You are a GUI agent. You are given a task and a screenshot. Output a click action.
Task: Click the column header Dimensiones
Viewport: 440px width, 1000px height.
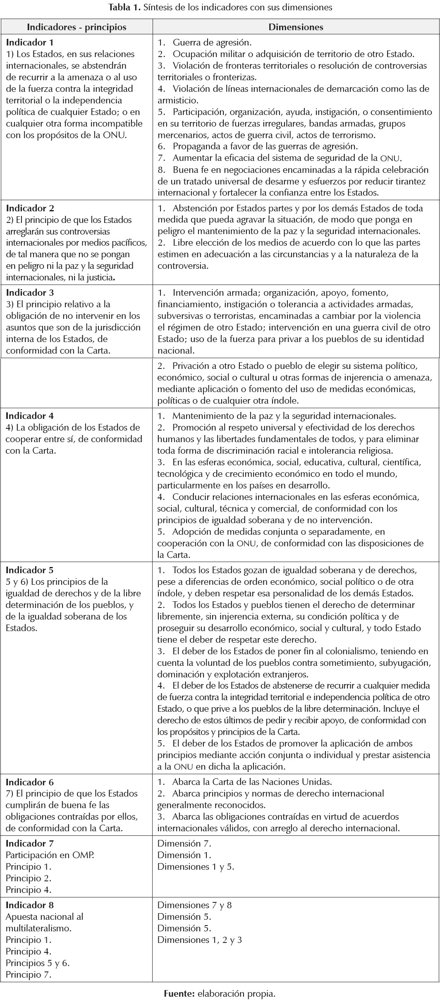[x=296, y=27]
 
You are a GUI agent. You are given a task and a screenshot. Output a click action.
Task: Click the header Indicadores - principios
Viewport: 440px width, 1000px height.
[x=77, y=27]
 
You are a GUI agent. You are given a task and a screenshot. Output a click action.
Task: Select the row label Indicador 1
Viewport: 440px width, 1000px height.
[x=30, y=42]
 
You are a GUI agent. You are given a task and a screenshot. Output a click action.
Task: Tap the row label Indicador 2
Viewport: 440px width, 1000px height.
[x=30, y=208]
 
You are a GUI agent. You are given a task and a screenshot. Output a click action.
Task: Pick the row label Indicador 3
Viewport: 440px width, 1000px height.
[x=30, y=292]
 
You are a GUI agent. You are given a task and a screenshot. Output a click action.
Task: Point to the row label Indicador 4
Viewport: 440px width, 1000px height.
[x=30, y=416]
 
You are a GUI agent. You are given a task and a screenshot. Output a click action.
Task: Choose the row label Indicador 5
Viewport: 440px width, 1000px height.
[x=30, y=570]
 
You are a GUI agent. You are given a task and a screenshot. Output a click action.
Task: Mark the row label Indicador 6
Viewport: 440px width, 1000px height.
[x=30, y=782]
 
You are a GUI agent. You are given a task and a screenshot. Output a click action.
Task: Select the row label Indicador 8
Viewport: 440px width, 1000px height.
[x=30, y=905]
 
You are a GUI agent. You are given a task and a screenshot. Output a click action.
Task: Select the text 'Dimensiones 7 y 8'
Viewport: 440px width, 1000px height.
[x=194, y=905]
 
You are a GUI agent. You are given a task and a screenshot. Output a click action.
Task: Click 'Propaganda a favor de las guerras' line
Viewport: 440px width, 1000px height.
[x=265, y=146]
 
